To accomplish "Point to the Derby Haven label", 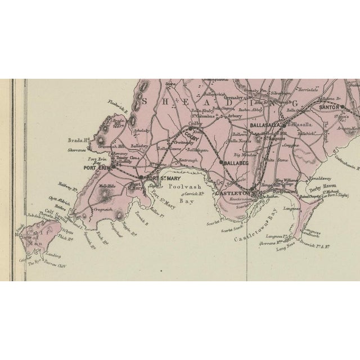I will point(318,191).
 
